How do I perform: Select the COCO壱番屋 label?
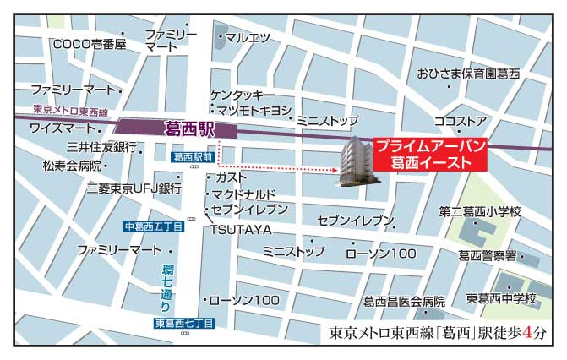pyautogui.click(x=89, y=44)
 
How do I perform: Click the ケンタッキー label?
pyautogui.click(x=243, y=95)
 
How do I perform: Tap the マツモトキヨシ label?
pyautogui.click(x=254, y=111)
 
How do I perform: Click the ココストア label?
pyautogui.click(x=460, y=121)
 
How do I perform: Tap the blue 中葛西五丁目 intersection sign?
pyautogui.click(x=152, y=226)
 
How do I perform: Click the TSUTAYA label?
pyautogui.click(x=241, y=229)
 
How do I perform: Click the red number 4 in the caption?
pyautogui.click(x=528, y=332)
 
